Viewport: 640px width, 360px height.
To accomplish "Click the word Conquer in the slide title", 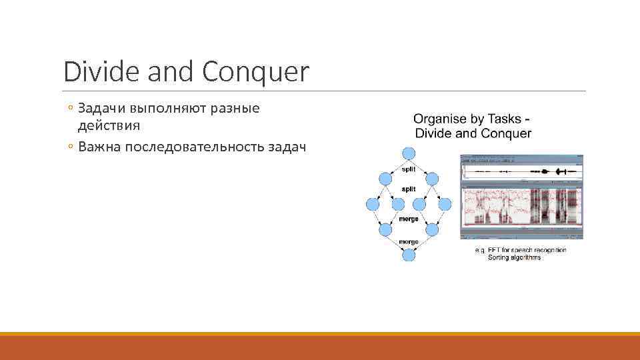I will [256, 72].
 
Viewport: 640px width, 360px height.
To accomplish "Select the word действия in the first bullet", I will [109, 125].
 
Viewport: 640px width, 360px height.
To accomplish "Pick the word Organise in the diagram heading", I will [440, 119].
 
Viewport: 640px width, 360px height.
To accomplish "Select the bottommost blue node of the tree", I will [409, 255].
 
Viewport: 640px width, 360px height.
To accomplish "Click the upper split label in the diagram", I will [409, 170].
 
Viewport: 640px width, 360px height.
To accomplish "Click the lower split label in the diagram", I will [409, 189].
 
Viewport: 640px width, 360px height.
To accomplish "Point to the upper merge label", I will [408, 219].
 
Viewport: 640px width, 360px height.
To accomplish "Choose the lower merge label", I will [408, 241].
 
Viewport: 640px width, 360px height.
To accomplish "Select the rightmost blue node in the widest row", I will [445, 204].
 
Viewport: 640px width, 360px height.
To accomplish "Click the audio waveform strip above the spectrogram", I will [521, 172].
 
